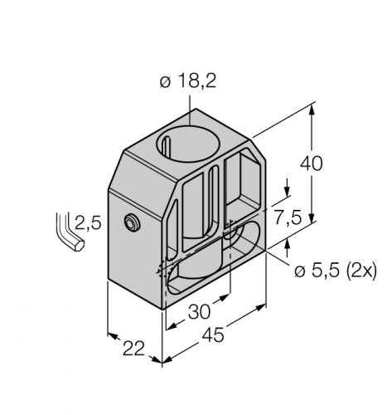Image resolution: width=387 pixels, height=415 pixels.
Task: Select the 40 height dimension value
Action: (x=312, y=164)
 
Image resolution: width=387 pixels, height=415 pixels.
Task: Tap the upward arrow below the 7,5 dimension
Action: (x=287, y=242)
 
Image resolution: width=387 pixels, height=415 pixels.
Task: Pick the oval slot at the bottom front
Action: (x=199, y=274)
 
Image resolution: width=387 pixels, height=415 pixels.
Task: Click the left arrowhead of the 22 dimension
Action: (x=111, y=336)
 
